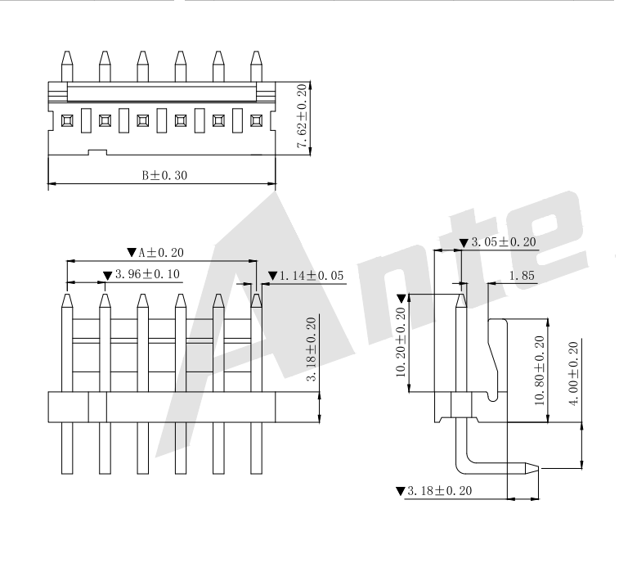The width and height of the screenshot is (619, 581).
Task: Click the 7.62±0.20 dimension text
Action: pos(303,116)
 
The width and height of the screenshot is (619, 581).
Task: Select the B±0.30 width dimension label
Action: pos(164,174)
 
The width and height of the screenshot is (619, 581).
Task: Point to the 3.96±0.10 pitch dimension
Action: pos(142,276)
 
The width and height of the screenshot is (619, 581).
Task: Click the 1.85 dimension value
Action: pos(521,276)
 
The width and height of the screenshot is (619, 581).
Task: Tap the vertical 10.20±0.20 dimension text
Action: pos(401,342)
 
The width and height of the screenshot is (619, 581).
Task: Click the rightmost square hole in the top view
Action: pos(256,120)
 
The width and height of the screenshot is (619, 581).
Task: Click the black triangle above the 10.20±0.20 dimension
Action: pos(401,298)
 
